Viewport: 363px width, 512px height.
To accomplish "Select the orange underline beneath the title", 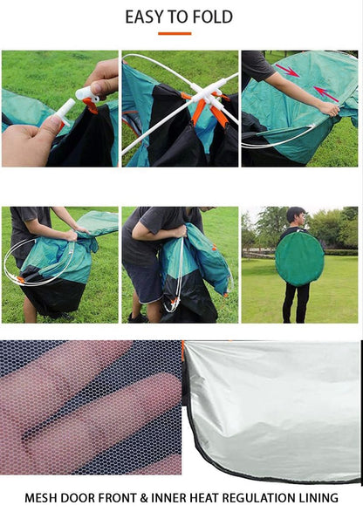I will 175,33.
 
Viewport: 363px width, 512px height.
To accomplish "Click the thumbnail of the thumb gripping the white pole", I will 59,108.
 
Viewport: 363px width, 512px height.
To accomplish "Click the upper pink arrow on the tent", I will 287,71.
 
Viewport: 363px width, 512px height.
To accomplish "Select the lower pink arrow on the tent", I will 325,93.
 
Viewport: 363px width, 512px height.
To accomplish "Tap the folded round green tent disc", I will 298,258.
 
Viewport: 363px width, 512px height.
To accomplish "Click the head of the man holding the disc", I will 295,215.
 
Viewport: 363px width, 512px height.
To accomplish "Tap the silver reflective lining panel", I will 275,406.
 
